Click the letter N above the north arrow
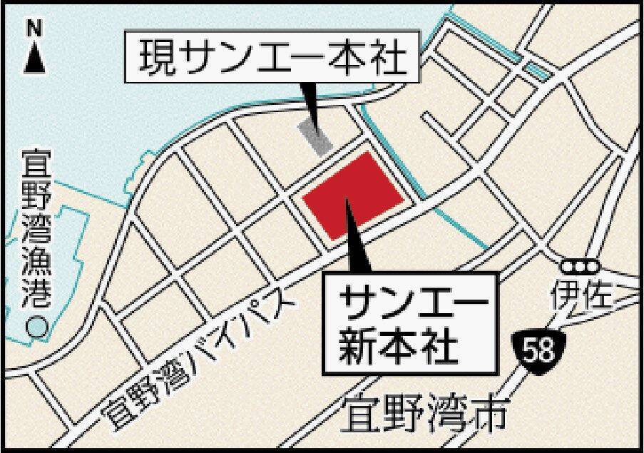coord(34,29)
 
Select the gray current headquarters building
coord(315,136)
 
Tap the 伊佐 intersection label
coord(581,295)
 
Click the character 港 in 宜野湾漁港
coord(34,293)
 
